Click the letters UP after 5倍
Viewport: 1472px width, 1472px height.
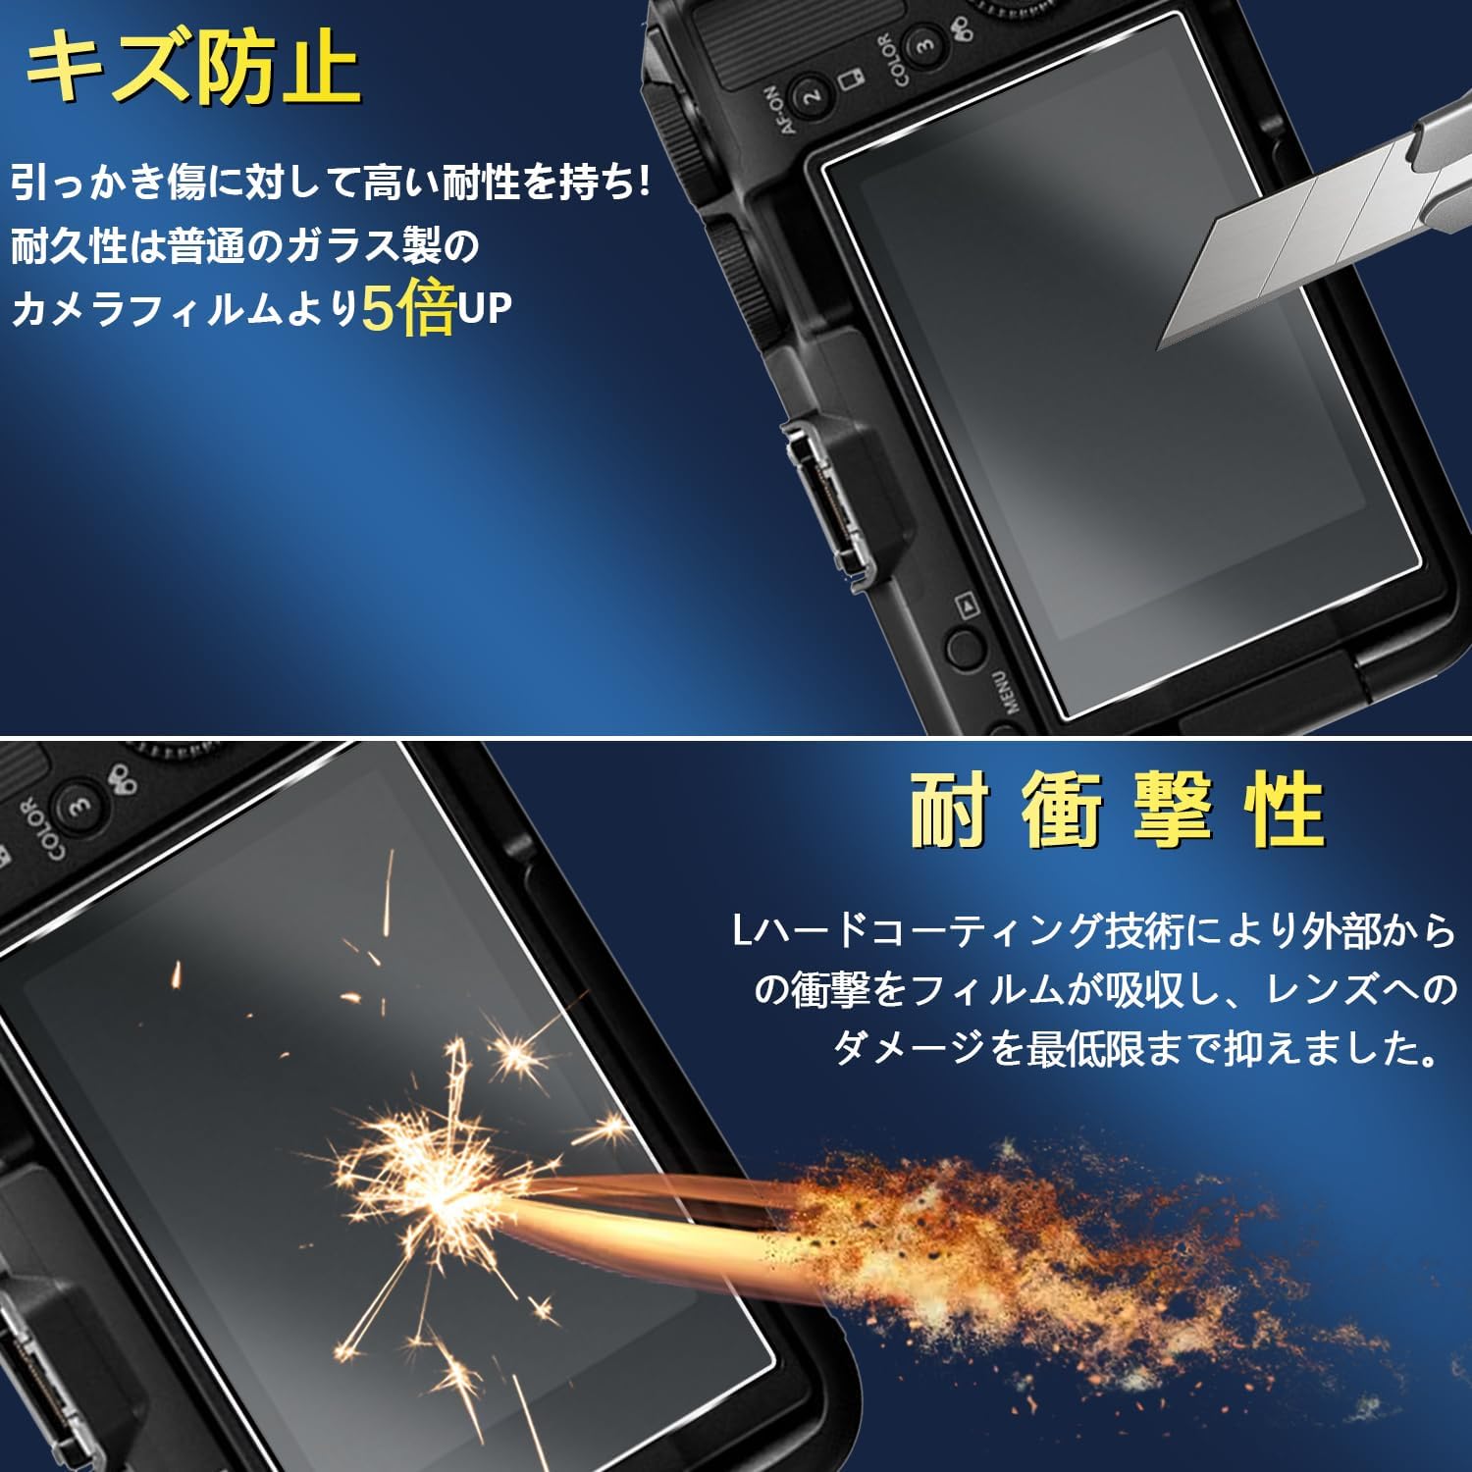click(485, 309)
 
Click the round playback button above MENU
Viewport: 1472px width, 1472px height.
click(966, 649)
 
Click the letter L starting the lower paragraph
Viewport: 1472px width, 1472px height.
click(742, 930)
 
